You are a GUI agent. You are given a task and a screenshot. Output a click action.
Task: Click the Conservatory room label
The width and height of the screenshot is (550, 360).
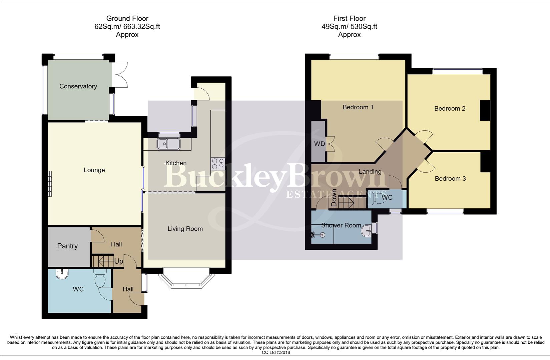(x=78, y=86)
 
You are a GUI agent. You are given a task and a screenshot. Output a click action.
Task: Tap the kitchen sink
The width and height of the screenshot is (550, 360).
(x=169, y=144)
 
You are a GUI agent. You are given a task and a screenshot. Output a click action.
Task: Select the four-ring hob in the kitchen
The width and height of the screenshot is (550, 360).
(x=218, y=164)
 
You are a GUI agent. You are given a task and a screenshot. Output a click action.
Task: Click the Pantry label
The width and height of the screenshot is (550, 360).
(x=67, y=246)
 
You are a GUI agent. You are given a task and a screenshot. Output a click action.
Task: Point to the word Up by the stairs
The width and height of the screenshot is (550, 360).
(x=118, y=261)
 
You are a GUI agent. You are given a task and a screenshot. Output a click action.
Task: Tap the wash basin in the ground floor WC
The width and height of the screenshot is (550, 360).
(x=62, y=274)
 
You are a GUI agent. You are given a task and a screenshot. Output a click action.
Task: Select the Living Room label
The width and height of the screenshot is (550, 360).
(x=185, y=229)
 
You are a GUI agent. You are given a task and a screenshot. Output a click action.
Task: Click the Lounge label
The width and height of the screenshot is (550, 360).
(x=94, y=170)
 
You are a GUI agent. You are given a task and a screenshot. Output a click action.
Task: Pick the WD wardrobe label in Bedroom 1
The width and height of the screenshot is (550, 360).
(x=320, y=144)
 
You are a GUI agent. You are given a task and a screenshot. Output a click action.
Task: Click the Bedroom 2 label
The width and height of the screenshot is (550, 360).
(x=450, y=109)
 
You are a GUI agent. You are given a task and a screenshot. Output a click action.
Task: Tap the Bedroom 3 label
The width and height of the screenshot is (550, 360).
(x=450, y=179)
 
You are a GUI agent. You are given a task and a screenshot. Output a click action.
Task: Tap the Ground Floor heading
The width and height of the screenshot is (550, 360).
(x=127, y=18)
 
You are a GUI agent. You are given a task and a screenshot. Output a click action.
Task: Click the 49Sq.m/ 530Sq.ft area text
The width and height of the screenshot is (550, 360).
(x=349, y=27)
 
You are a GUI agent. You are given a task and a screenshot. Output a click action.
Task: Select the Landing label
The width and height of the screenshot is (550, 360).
(x=370, y=172)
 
